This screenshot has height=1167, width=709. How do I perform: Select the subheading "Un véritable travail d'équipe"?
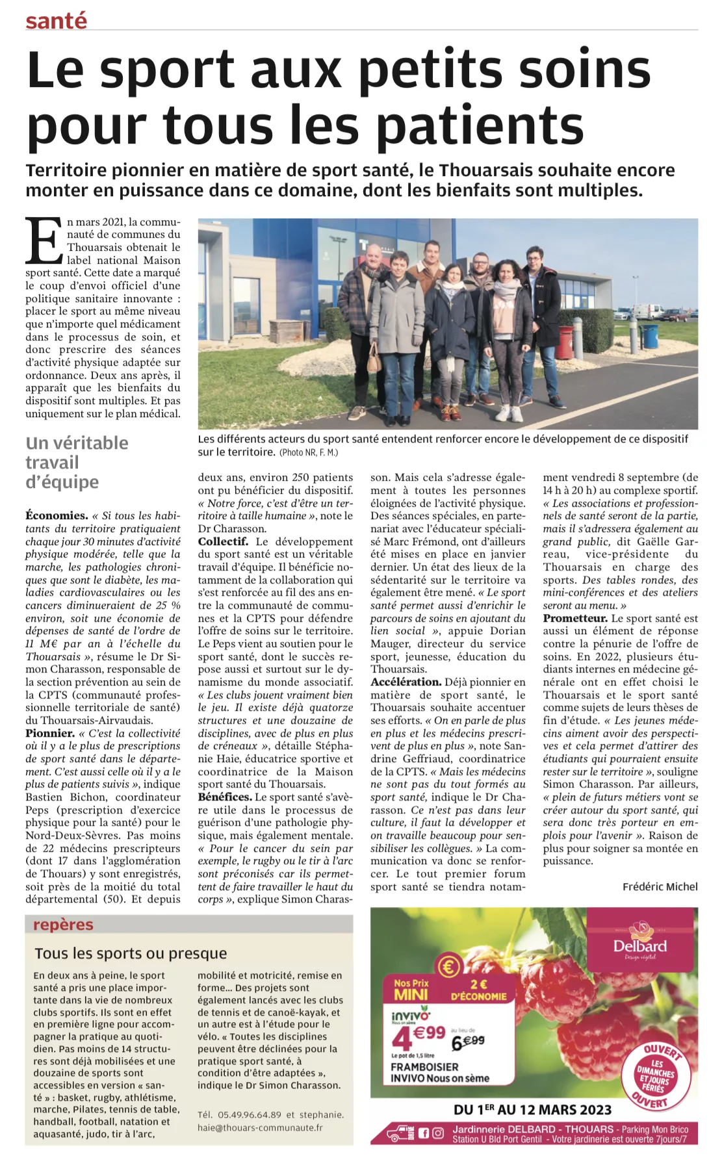(x=77, y=462)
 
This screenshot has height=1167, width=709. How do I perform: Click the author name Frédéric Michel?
(x=660, y=886)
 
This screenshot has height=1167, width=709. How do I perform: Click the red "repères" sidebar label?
(x=63, y=925)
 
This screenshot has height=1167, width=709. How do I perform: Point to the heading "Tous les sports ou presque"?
(x=131, y=953)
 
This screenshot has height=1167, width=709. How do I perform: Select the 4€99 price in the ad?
(x=419, y=1038)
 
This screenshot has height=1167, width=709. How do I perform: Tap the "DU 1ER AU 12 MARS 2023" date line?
(x=532, y=1109)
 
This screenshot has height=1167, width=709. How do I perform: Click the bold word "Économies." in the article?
(x=57, y=515)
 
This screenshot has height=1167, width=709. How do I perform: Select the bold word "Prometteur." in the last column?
(x=575, y=618)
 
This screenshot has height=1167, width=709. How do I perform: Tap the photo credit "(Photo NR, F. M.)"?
(x=309, y=452)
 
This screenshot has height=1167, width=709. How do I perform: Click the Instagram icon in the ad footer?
(x=438, y=1133)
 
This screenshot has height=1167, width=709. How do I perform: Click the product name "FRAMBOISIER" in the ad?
(x=424, y=1067)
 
